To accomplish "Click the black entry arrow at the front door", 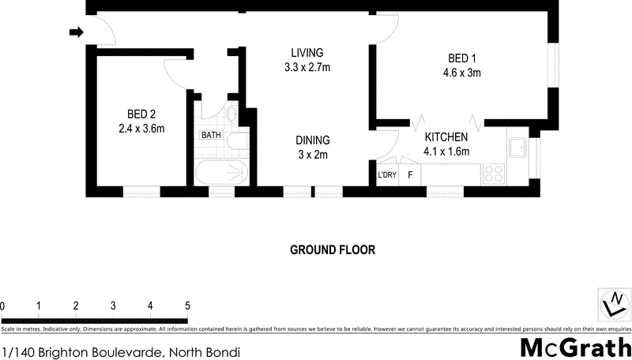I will click(76, 32).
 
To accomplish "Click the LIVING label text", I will click(307, 53).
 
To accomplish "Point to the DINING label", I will click(313, 141).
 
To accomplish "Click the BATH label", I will click(211, 135).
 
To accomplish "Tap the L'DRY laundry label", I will click(387, 174).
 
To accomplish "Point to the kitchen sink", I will click(519, 148).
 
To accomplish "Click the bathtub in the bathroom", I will click(222, 171).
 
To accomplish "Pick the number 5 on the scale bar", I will click(187, 306).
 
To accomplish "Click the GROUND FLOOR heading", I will click(332, 250).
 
